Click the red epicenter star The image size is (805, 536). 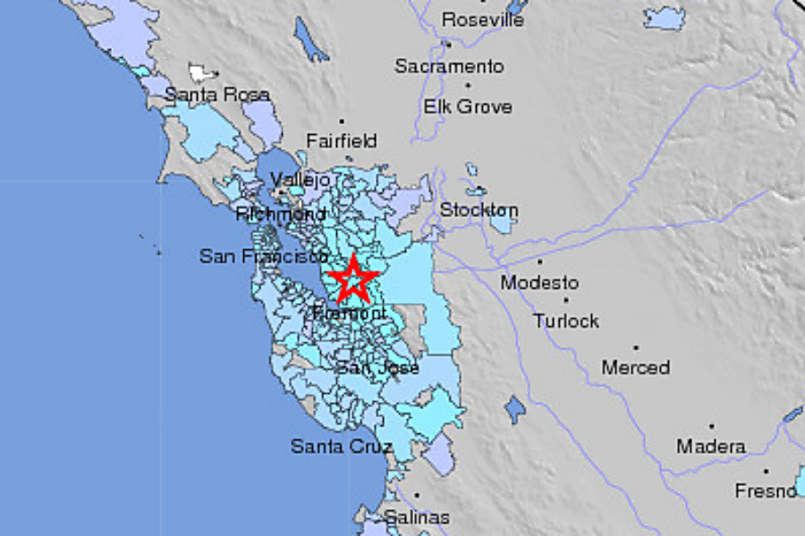pyautogui.click(x=353, y=280)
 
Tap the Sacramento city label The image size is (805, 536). pyautogui.click(x=449, y=67)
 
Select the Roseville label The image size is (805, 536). pyautogui.click(x=482, y=20)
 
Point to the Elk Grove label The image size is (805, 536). pyautogui.click(x=468, y=106)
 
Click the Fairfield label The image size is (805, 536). pyautogui.click(x=341, y=141)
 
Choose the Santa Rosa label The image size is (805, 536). pyautogui.click(x=216, y=94)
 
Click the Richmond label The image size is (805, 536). pyautogui.click(x=281, y=214)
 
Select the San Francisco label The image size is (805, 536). pyautogui.click(x=263, y=256)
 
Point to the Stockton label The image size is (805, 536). pyautogui.click(x=479, y=211)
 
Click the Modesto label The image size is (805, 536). pyautogui.click(x=539, y=283)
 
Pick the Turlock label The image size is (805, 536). pyautogui.click(x=566, y=321)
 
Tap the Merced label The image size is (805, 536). pyautogui.click(x=635, y=367)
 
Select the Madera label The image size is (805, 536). pyautogui.click(x=710, y=446)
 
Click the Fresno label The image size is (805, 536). pyautogui.click(x=765, y=490)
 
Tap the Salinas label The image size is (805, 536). pyautogui.click(x=417, y=516)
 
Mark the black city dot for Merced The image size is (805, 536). pyautogui.click(x=635, y=348)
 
